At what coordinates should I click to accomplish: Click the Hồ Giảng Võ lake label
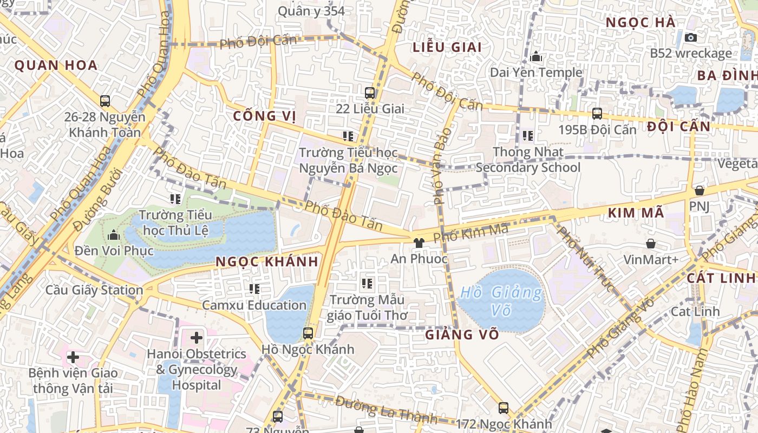pos(500,300)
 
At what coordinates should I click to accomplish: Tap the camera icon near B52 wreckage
pos(690,37)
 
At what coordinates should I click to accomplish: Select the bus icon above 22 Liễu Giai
pos(370,93)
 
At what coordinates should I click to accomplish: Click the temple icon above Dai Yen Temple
pos(536,56)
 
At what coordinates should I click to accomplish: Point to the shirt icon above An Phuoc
pos(419,243)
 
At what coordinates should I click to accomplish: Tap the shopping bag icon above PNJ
pos(699,191)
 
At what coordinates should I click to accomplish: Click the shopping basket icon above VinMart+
pos(651,244)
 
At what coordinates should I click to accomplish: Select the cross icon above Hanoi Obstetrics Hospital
pos(196,338)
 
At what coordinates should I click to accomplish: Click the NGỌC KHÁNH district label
pos(266,261)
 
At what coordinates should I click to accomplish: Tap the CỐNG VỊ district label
pos(265,116)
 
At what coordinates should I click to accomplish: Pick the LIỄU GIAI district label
pos(447,47)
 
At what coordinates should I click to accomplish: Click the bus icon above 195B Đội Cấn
pos(597,114)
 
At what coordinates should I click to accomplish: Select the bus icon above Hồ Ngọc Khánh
pos(308,333)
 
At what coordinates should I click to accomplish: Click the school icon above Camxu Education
pos(254,289)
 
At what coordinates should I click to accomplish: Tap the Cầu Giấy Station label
pos(94,290)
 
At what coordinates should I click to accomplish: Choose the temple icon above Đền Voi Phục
pos(114,235)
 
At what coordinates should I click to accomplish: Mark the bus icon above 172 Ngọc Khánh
pos(504,408)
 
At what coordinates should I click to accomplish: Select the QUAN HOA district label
pos(56,65)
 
